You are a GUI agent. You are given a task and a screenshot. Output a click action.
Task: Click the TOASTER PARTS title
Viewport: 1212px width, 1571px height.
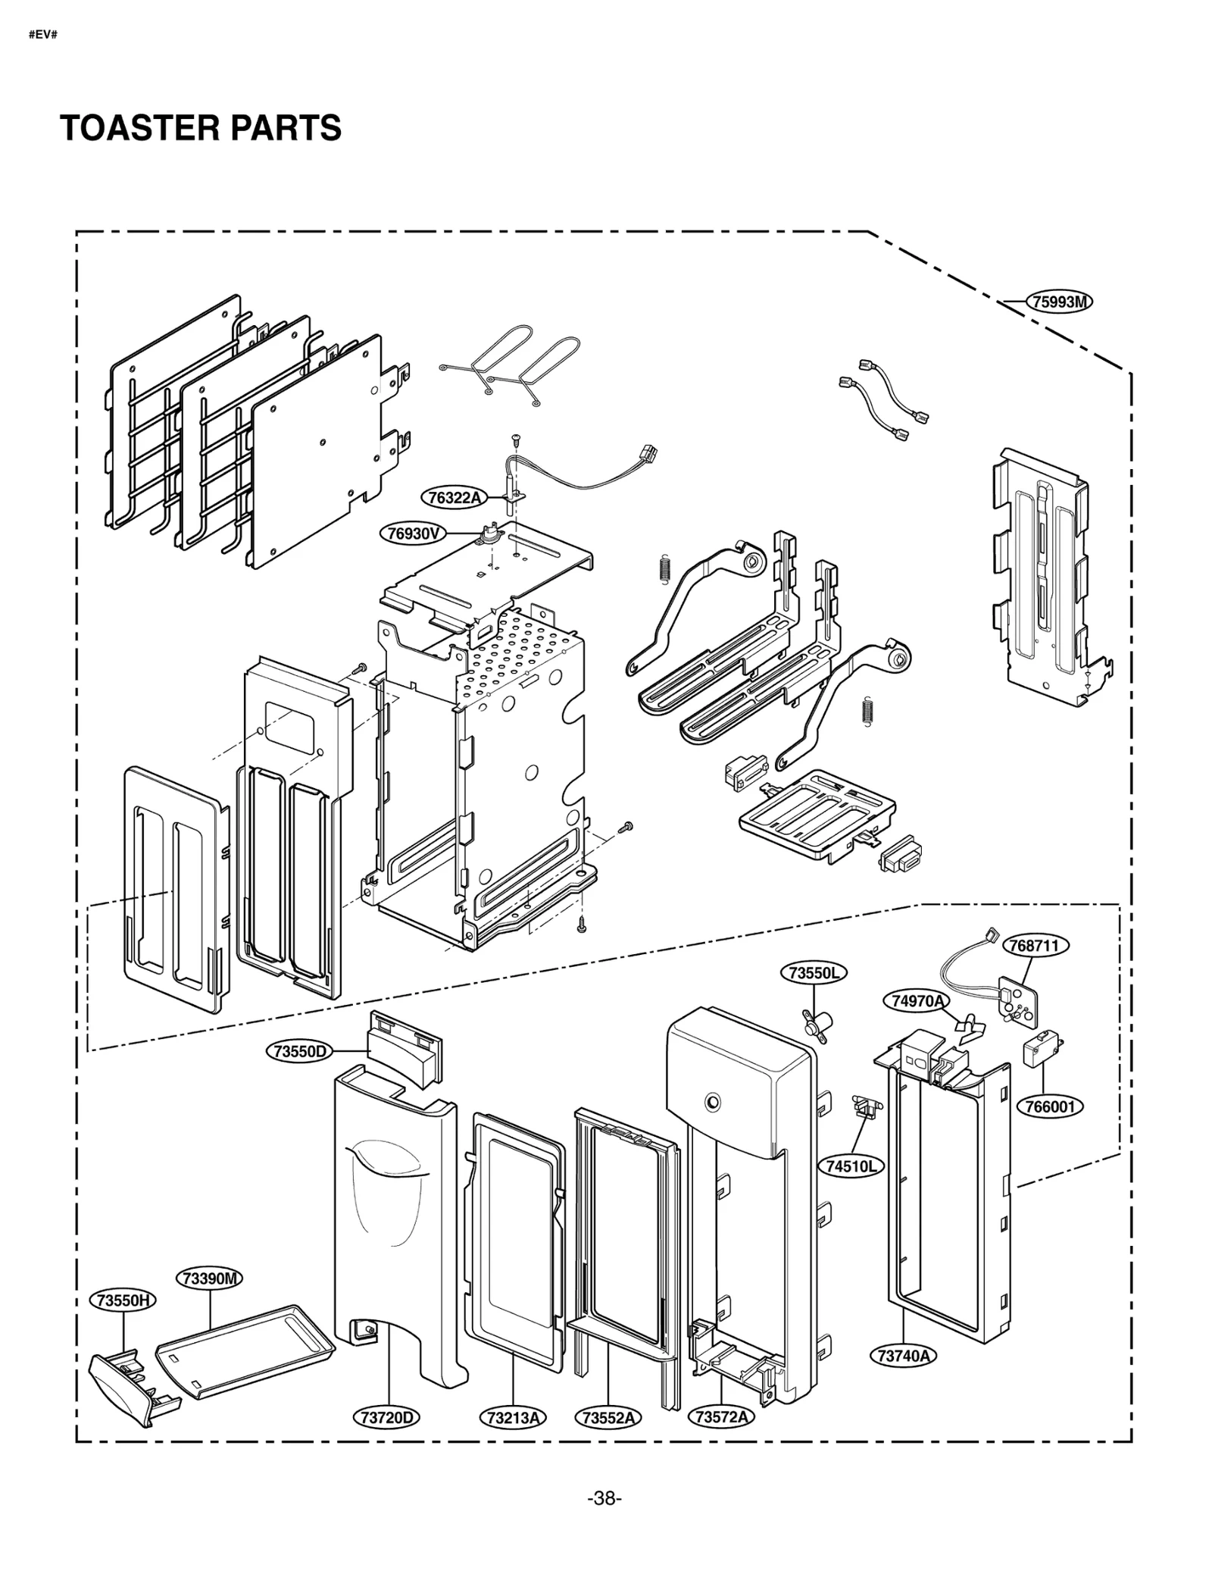click(200, 128)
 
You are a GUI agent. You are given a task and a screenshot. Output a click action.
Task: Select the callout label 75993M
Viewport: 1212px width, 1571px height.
click(1059, 302)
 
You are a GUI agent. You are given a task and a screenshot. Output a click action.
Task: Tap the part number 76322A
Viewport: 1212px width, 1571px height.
click(454, 497)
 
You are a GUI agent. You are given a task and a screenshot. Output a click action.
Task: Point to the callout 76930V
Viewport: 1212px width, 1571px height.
click(413, 534)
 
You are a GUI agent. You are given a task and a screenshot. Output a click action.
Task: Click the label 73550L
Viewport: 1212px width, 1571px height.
click(814, 973)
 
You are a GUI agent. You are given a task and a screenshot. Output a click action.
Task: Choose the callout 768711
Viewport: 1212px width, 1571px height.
click(1035, 946)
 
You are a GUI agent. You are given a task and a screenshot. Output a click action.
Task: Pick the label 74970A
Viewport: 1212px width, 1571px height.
click(917, 1001)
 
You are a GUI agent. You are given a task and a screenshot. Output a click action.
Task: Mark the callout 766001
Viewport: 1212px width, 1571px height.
click(1050, 1106)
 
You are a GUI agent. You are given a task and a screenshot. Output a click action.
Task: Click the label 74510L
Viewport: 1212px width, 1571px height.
click(850, 1166)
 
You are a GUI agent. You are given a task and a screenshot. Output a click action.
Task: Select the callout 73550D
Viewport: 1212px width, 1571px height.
click(299, 1051)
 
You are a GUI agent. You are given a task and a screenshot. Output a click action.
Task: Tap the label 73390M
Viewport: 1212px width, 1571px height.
click(210, 1278)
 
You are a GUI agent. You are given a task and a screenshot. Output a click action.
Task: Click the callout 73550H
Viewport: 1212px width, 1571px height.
click(123, 1300)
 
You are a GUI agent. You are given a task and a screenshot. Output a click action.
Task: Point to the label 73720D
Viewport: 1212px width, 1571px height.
click(387, 1417)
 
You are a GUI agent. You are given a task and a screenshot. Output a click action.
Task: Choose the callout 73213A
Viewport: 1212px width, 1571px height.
click(513, 1417)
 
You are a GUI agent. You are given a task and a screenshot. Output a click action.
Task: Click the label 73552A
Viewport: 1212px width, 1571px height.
click(608, 1417)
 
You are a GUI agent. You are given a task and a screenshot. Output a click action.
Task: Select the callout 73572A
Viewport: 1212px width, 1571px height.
click(721, 1417)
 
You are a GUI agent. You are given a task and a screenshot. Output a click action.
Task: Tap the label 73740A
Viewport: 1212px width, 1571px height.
click(903, 1355)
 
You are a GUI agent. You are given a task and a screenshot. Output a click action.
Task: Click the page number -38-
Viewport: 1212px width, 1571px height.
click(604, 1498)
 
